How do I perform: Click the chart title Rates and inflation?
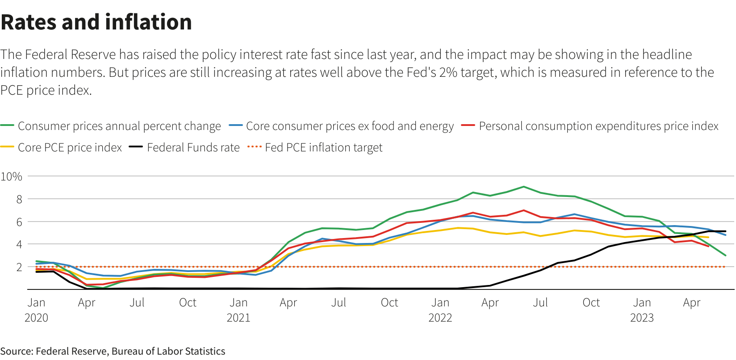click(x=96, y=22)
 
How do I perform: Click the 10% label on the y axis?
click(x=12, y=176)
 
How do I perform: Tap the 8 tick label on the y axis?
click(x=19, y=199)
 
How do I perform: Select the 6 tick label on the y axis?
click(x=19, y=222)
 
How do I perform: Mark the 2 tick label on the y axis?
click(x=19, y=267)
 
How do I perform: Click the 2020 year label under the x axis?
click(x=36, y=318)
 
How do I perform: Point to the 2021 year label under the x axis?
click(x=238, y=318)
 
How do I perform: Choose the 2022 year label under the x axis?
click(x=440, y=318)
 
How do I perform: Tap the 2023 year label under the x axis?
click(x=642, y=318)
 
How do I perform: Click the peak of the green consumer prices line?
click(x=523, y=187)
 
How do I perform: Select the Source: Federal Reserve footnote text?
click(x=113, y=352)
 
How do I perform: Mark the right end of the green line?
click(x=725, y=255)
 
